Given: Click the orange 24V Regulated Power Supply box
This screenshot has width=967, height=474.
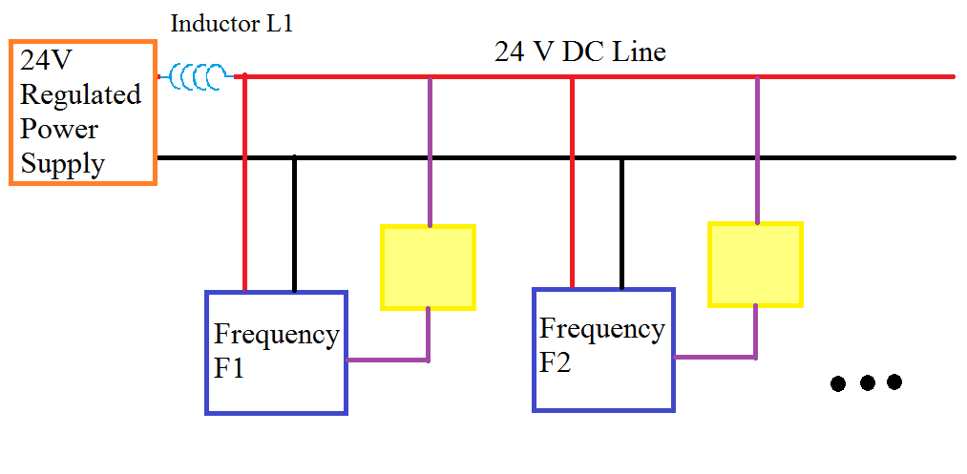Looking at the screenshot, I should coord(82,113).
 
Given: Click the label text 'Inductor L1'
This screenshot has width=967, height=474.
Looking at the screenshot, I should coord(231,25).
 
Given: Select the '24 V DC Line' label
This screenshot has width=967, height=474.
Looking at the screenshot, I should coord(579,52).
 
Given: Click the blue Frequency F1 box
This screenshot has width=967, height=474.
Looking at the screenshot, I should coord(276,353).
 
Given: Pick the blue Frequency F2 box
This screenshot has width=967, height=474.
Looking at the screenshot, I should coord(603,349).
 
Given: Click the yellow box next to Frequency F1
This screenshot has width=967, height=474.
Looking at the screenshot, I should coord(428,267).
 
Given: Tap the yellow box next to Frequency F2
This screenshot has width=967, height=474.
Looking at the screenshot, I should coord(755,264).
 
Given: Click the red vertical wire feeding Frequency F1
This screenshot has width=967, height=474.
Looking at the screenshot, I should coord(245,181).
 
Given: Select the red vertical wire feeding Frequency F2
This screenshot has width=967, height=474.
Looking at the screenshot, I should coord(573,181).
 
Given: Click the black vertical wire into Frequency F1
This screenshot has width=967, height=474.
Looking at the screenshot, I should coord(294,224).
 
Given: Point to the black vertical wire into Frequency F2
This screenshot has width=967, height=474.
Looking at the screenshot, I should coord(621,224).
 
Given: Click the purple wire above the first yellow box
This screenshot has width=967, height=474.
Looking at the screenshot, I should coord(430,153).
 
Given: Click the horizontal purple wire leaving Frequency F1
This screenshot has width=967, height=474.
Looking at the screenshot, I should coord(387,360).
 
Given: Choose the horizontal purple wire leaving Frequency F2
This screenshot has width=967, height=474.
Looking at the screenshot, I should coord(715,358).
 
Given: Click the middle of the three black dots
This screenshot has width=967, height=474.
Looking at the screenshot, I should coord(867,383).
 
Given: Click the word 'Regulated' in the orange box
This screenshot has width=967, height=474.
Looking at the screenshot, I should coord(80,95).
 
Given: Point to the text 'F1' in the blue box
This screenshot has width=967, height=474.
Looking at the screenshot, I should coord(229,368).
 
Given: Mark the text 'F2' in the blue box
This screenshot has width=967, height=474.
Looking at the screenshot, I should coord(556,362).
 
